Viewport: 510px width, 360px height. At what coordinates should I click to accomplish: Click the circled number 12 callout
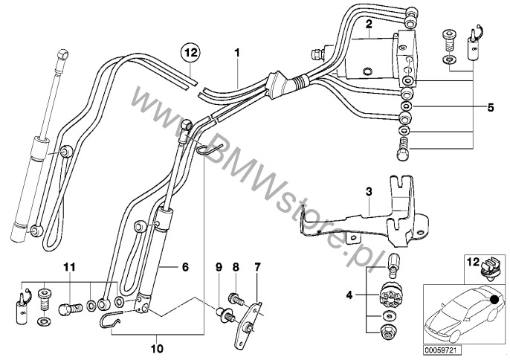click(190, 53)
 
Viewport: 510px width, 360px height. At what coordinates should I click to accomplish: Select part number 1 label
click(236, 54)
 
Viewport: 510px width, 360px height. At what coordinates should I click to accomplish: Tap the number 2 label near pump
click(368, 25)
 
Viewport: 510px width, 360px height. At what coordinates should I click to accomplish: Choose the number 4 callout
click(489, 107)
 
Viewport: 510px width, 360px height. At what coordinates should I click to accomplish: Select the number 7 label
click(236, 266)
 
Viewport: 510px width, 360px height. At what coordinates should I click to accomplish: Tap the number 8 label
click(219, 266)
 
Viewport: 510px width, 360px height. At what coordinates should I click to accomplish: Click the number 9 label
click(157, 346)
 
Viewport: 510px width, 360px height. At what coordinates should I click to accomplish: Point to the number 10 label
click(69, 266)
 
